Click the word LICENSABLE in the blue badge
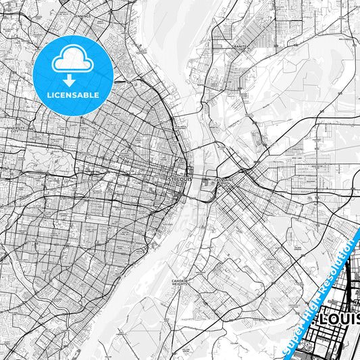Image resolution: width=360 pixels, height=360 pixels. (74, 95)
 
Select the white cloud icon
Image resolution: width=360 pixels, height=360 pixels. (74, 61)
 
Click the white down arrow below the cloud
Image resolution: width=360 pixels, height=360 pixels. (74, 79)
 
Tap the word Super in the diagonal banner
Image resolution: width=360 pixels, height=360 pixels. (293, 338)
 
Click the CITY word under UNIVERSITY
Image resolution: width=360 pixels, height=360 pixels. (15, 130)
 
